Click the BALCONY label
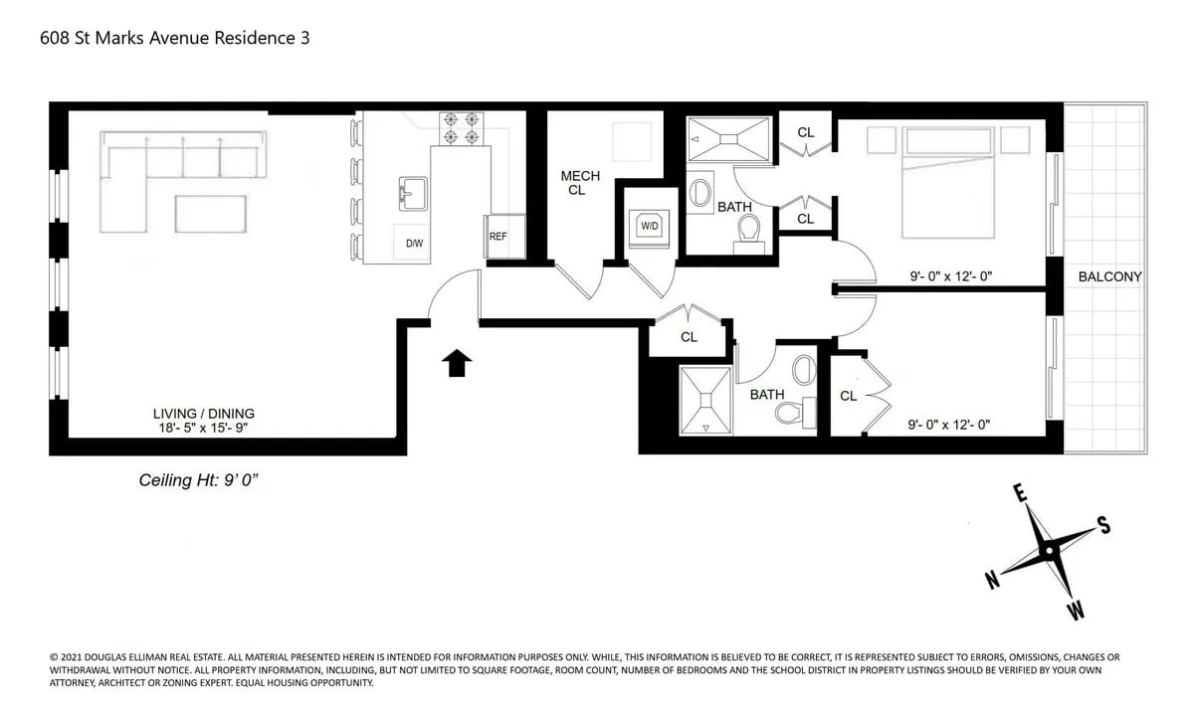(x=1109, y=277)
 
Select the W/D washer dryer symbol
(x=649, y=227)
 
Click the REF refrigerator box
(x=498, y=238)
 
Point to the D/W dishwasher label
(x=414, y=244)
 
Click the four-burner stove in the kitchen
(x=461, y=127)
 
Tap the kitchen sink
(x=413, y=193)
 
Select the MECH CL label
(x=579, y=183)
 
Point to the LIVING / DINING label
(x=203, y=414)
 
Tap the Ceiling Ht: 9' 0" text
(x=199, y=480)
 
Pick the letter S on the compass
(x=1102, y=527)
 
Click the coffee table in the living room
(x=211, y=214)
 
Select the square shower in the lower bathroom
(x=705, y=400)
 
